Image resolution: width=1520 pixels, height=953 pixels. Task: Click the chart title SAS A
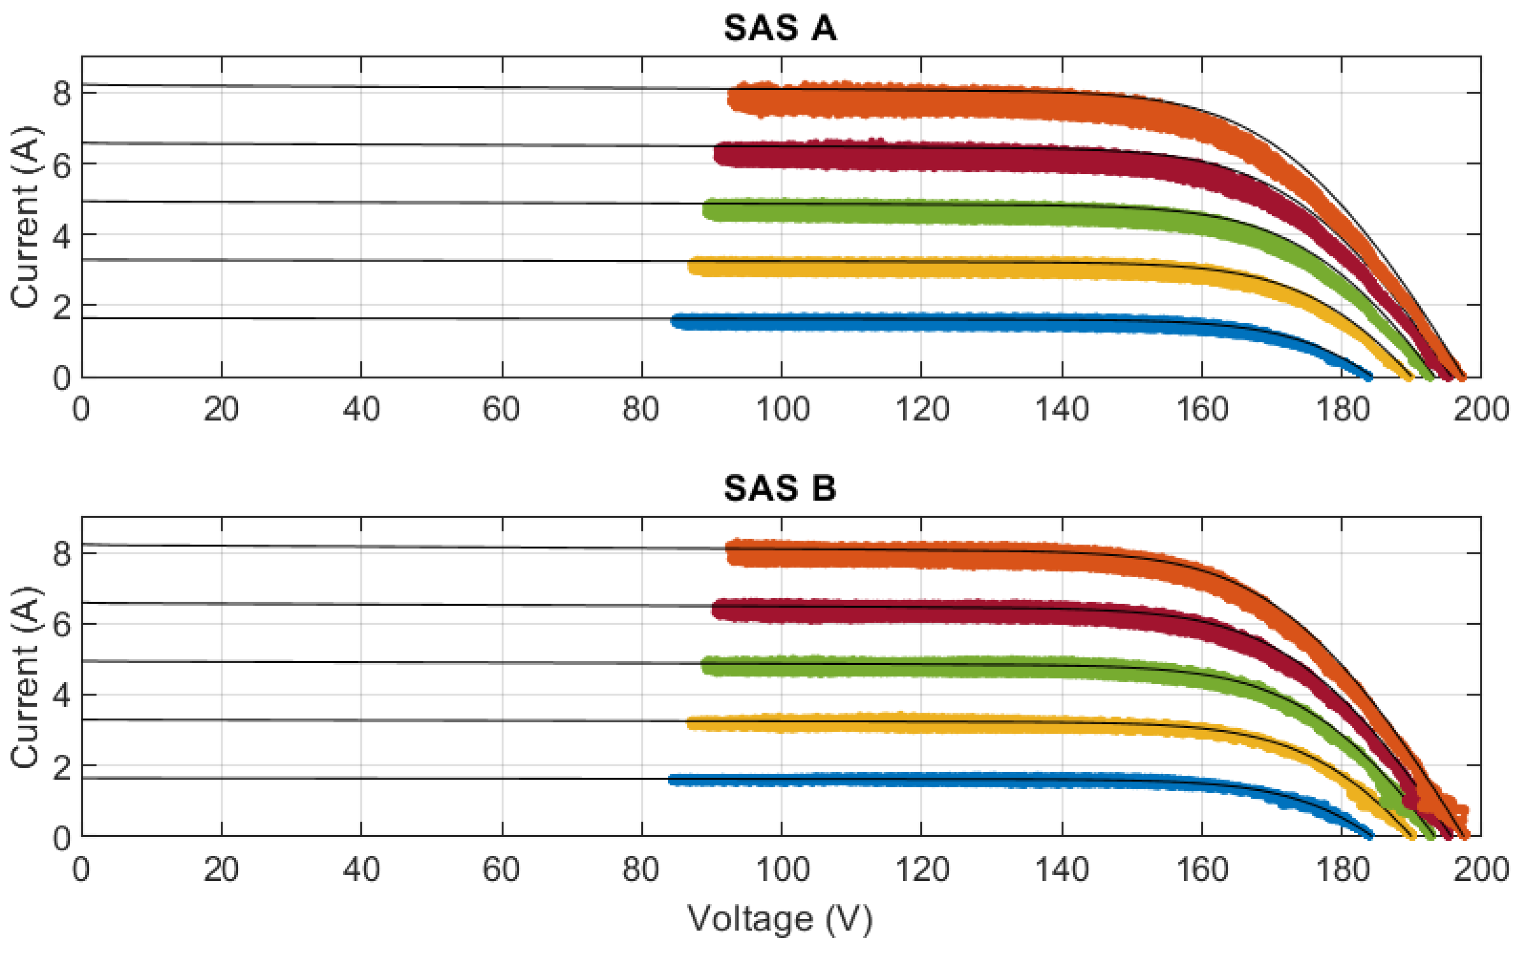pos(780,28)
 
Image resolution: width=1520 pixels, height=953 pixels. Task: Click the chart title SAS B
pos(780,488)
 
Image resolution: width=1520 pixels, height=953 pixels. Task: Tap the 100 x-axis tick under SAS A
pos(782,410)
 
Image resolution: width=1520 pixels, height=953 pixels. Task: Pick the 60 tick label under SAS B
pos(501,870)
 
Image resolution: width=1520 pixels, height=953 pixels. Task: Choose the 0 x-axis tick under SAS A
pos(81,410)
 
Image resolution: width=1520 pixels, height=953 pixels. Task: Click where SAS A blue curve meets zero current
pos(1368,376)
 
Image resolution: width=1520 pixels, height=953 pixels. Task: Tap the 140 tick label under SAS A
pos(1062,410)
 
